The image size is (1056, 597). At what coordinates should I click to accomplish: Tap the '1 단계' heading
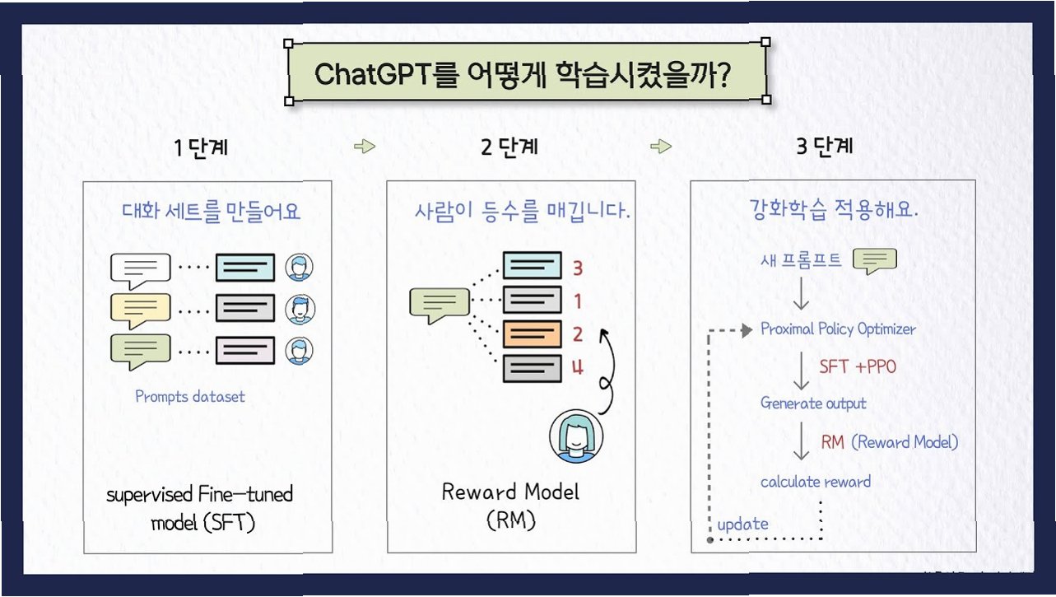201,148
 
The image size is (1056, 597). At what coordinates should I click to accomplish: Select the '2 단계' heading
509,148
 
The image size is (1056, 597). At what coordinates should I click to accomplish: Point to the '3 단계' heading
825,148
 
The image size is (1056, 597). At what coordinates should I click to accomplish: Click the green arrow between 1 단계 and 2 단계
364,147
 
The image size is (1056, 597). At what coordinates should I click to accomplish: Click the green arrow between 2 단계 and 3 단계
660,147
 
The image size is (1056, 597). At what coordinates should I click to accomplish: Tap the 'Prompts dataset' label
190,396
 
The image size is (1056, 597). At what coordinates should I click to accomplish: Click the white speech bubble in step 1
140,269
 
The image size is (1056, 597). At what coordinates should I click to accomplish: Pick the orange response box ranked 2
532,333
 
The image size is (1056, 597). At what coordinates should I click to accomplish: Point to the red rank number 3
577,268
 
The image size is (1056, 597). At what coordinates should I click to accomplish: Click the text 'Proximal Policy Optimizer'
838,329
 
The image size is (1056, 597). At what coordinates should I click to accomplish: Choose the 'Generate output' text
813,403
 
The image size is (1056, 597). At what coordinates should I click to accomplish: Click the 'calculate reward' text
815,482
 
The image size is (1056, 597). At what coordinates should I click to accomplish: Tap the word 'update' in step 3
742,524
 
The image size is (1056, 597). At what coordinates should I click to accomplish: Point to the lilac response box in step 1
245,350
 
